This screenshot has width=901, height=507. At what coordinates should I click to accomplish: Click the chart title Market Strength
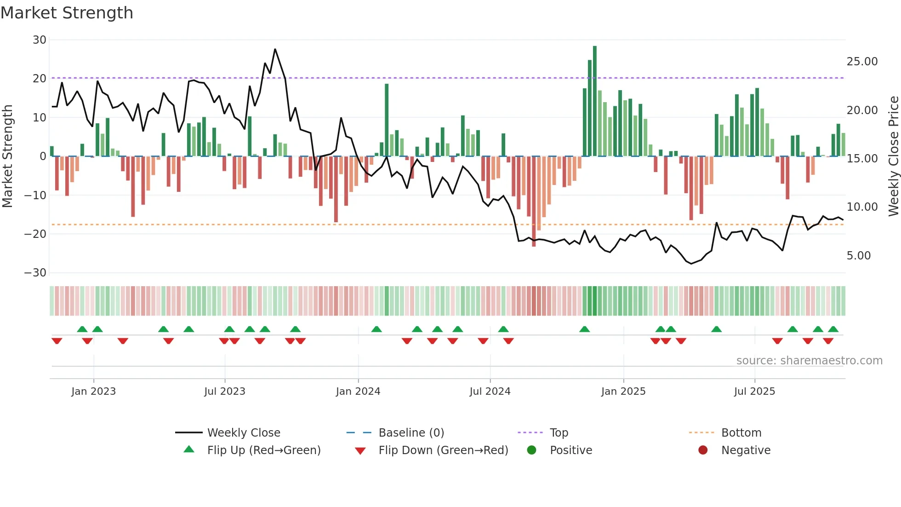point(67,13)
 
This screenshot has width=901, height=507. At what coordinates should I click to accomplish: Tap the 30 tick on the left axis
point(40,40)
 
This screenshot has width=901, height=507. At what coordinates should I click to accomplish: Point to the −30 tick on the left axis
point(35,273)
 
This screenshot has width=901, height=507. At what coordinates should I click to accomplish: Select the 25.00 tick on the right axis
point(862,62)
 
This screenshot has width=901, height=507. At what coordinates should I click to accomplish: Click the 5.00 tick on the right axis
point(858,256)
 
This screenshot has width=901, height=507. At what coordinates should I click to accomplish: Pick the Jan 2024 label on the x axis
point(358,392)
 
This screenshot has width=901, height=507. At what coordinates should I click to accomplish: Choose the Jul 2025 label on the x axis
point(754,392)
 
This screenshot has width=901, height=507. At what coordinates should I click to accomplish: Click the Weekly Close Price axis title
point(893,156)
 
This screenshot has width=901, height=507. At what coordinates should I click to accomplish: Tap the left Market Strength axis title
point(8,156)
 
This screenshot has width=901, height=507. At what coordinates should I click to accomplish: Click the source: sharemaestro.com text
point(809,361)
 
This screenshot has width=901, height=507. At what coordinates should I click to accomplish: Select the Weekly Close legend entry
point(243,433)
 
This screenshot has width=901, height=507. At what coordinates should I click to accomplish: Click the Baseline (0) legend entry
point(411,433)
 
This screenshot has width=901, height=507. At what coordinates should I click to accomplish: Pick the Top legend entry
point(559,433)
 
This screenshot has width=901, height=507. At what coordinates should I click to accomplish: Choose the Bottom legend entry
point(741,433)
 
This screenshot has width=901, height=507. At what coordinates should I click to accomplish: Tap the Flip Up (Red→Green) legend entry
point(263,450)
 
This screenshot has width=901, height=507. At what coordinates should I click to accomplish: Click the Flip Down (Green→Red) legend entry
point(443,450)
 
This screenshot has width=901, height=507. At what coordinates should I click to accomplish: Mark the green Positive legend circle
point(532,450)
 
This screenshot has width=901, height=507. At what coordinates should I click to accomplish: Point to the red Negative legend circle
point(703,450)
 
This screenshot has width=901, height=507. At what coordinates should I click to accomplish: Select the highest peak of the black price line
point(275,49)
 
